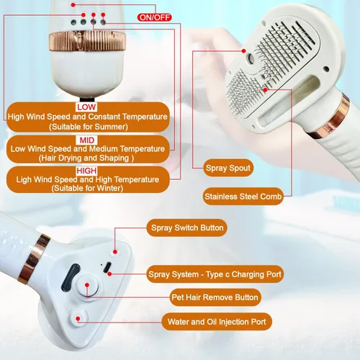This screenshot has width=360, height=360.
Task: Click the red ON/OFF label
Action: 154,17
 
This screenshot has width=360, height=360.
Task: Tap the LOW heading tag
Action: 86,107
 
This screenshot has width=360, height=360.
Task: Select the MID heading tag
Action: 87,140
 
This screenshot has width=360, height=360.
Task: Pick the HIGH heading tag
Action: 86,171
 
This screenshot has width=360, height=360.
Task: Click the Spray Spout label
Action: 228,168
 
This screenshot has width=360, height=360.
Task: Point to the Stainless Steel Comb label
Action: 243,197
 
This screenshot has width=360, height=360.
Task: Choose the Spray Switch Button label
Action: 187,228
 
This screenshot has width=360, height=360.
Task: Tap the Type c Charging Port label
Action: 215,274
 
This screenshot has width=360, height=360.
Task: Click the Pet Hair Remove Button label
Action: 215,297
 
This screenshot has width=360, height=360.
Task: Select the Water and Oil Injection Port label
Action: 217,322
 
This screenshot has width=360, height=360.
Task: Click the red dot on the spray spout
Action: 244,51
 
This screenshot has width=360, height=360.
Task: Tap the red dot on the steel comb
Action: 265,90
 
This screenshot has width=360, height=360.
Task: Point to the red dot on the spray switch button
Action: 115,252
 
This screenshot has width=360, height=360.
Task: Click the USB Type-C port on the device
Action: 107,267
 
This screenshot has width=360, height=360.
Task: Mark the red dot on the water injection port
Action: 78,319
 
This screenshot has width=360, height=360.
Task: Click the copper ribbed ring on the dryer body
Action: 87,41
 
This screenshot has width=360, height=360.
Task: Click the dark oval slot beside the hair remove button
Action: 71,276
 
